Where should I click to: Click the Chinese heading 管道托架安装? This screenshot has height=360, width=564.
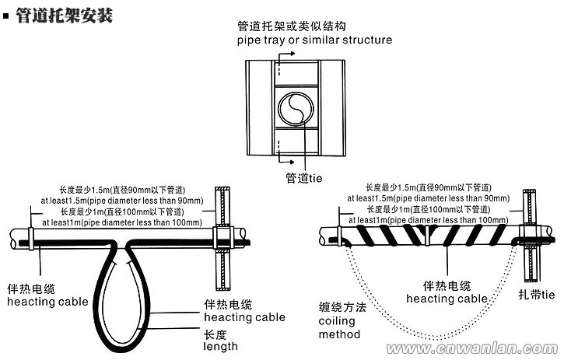pos(65,16)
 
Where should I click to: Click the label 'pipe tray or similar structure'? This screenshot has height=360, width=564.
pos(314,40)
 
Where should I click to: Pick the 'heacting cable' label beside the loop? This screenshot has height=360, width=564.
pos(244,317)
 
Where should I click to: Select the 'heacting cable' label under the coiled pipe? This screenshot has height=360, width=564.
pos(447,299)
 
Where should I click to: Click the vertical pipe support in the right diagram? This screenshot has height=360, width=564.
pos(533,233)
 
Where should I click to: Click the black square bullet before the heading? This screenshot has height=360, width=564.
pos(7,16)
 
